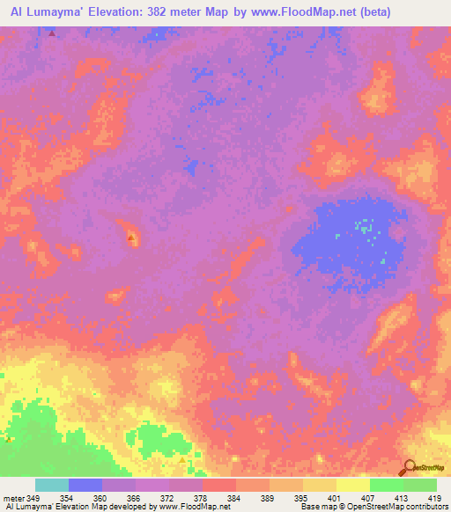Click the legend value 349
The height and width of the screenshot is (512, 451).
(33, 498)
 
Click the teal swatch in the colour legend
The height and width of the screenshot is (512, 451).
(52, 486)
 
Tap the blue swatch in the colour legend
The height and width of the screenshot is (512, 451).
(85, 486)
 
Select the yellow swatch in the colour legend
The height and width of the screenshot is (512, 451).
(353, 486)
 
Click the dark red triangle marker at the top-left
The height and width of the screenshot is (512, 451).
(51, 33)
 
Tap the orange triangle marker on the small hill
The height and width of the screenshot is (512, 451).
(130, 238)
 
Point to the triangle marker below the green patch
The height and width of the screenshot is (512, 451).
(182, 460)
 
